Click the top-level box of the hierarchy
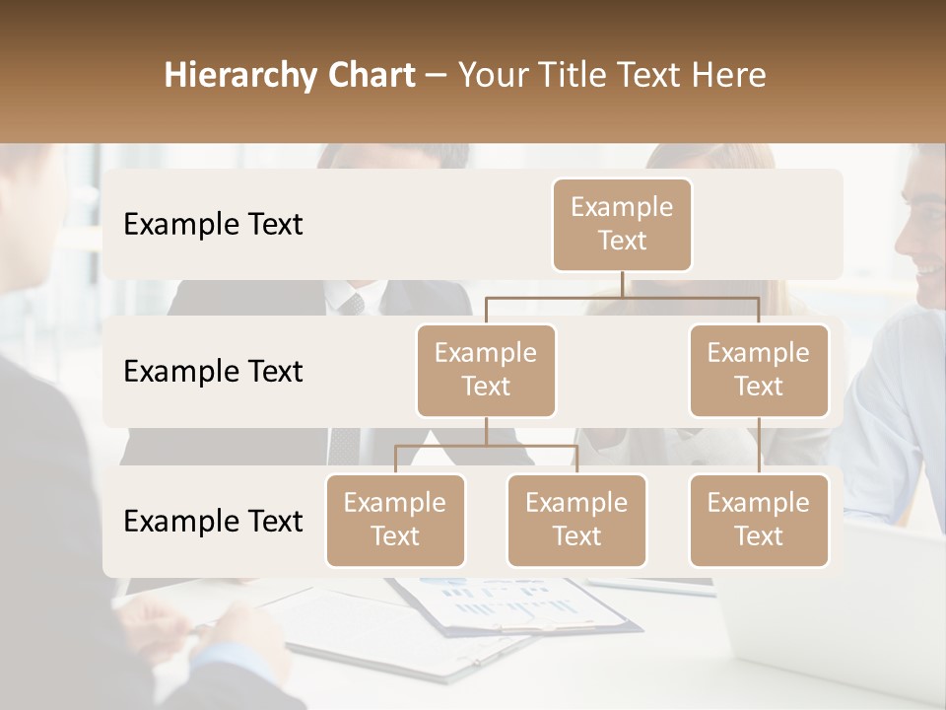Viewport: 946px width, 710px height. coord(622,224)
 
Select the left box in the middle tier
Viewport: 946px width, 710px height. coord(486,370)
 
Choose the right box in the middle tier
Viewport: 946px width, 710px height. coord(759,370)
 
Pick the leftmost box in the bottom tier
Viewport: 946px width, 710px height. coord(395,520)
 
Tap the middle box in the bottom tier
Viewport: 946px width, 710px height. coord(576,520)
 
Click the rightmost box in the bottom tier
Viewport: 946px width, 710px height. coord(759,520)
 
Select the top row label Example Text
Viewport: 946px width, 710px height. coord(213,225)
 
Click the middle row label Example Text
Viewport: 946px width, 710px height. coord(213,372)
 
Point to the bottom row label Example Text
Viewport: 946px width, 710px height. coord(213,522)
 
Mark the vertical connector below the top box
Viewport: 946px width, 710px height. coord(622,284)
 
